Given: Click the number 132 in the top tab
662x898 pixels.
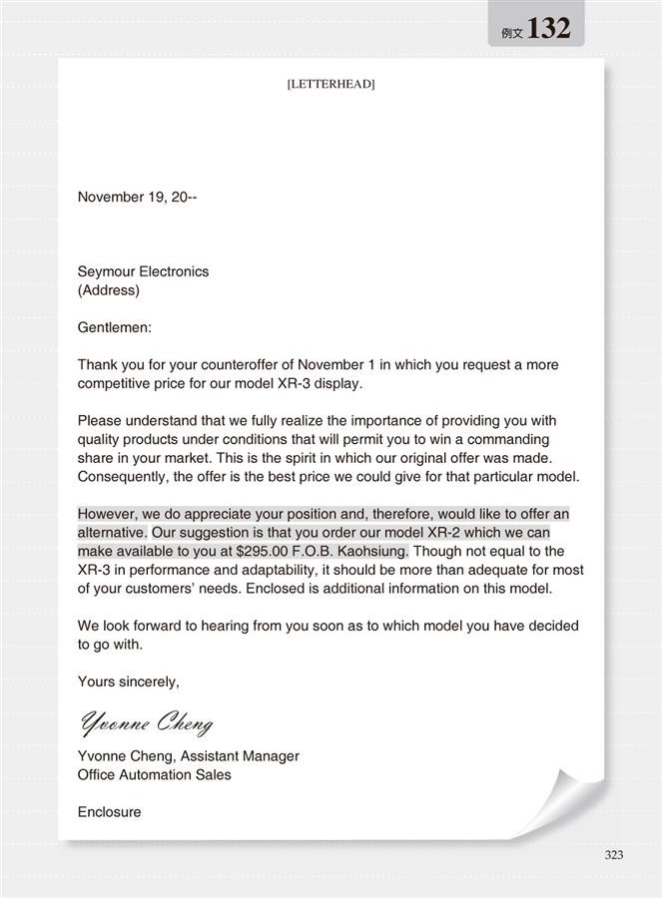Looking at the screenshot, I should click(548, 29).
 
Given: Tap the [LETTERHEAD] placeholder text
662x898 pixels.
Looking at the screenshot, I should click(331, 85).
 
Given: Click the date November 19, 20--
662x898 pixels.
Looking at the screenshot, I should click(137, 198).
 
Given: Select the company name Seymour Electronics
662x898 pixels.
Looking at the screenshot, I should click(143, 271).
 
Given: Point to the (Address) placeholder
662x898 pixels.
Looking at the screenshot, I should click(109, 290).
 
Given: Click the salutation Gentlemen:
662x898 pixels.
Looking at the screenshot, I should click(115, 327).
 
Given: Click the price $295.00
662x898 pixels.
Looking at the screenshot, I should click(269, 551).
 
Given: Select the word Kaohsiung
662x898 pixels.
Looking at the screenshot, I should click(367, 551).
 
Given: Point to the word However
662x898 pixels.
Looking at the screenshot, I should click(107, 514).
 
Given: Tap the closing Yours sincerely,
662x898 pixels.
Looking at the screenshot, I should click(129, 682).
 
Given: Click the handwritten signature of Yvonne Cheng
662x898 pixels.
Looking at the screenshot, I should click(146, 721).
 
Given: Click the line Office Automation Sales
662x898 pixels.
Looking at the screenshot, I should click(154, 774).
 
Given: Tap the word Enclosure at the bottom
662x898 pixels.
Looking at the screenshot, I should click(109, 812).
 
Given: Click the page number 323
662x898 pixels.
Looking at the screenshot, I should click(614, 855).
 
